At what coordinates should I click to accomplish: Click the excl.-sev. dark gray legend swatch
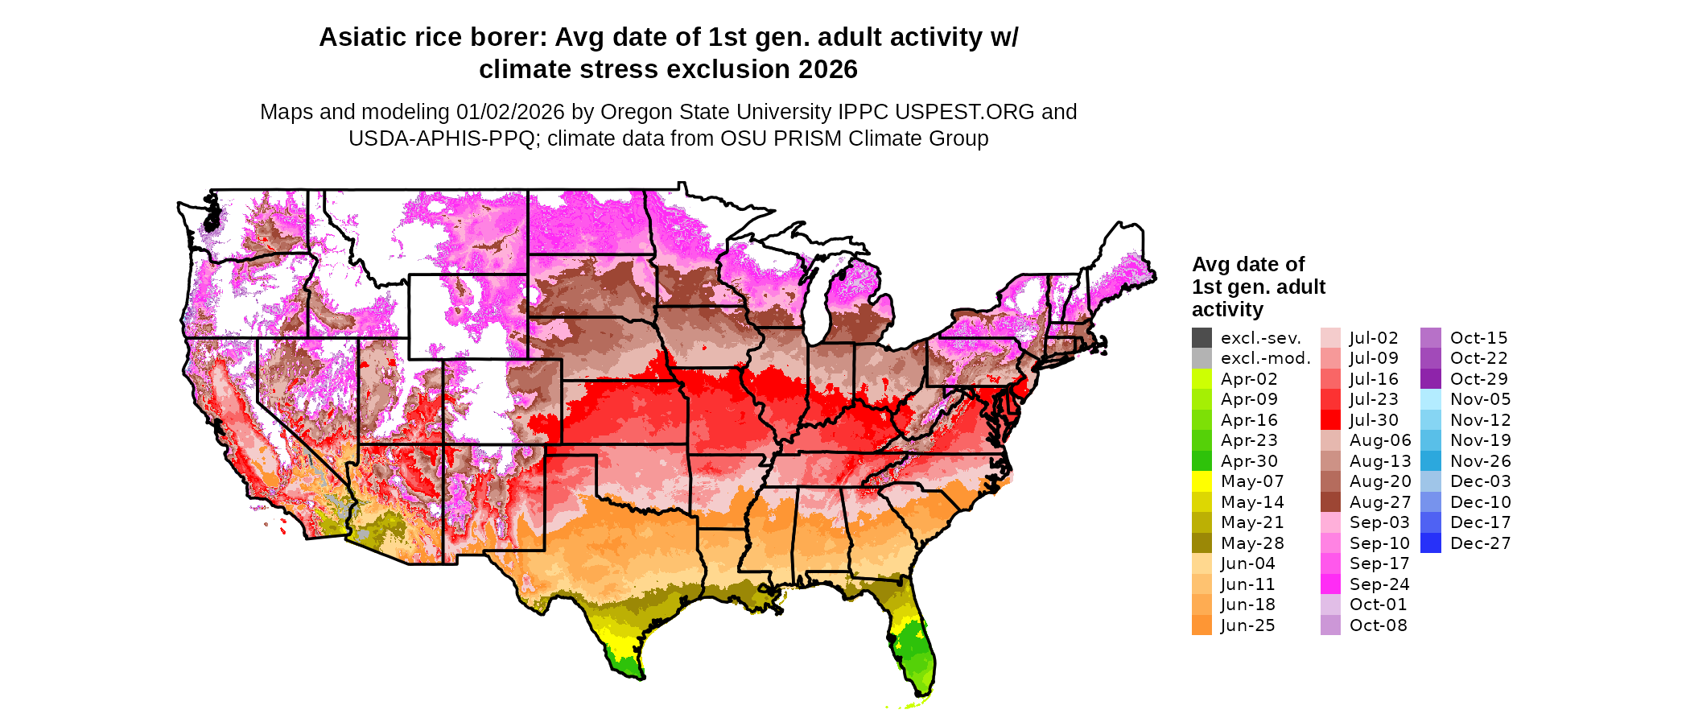pyautogui.click(x=1202, y=338)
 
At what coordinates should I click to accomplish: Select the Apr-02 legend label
pyautogui.click(x=1249, y=379)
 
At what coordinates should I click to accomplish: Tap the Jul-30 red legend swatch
pyautogui.click(x=1330, y=420)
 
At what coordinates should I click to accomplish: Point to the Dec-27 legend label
pyautogui.click(x=1480, y=543)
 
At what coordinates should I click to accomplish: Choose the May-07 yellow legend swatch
pyautogui.click(x=1202, y=481)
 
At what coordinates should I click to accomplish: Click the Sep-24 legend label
pyautogui.click(x=1379, y=584)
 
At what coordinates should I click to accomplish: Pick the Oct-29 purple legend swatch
pyautogui.click(x=1431, y=379)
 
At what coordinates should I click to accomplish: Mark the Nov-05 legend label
pyautogui.click(x=1480, y=399)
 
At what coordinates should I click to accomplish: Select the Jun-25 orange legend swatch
pyautogui.click(x=1202, y=625)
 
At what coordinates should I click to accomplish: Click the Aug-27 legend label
pyautogui.click(x=1380, y=502)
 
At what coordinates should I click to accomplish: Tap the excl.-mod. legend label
pyautogui.click(x=1265, y=358)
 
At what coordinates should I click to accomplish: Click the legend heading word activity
pyautogui.click(x=1227, y=310)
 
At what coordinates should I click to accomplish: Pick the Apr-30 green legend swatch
pyautogui.click(x=1202, y=461)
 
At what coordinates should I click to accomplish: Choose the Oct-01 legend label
pyautogui.click(x=1378, y=605)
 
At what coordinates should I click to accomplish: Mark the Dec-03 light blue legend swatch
pyautogui.click(x=1431, y=481)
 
